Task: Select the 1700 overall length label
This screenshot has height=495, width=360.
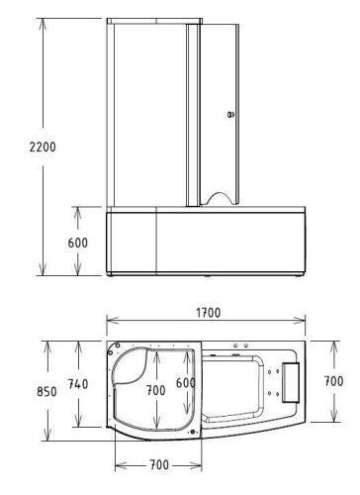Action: (x=206, y=313)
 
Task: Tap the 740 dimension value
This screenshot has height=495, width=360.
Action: (x=79, y=384)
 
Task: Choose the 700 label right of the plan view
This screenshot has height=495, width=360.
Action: (x=334, y=380)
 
